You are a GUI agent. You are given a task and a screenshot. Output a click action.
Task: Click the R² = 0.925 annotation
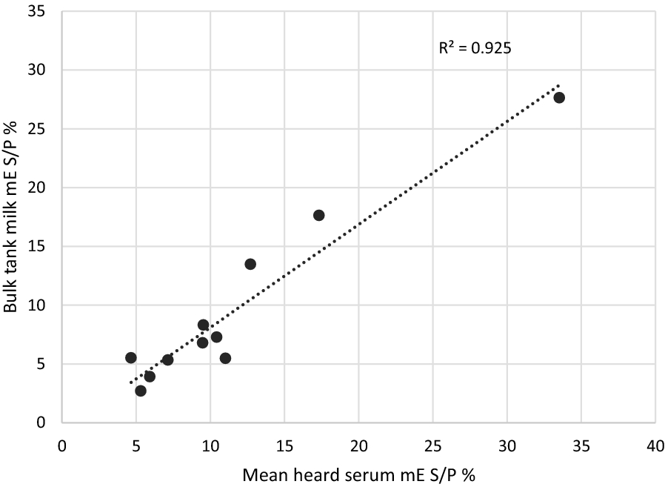pyautogui.click(x=475, y=48)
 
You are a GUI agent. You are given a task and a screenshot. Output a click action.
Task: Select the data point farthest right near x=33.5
pyautogui.click(x=559, y=97)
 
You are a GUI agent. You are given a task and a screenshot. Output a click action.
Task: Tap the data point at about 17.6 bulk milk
pyautogui.click(x=319, y=215)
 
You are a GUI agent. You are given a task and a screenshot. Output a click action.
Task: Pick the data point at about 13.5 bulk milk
pyautogui.click(x=250, y=264)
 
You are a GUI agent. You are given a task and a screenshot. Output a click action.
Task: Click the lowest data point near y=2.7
pyautogui.click(x=141, y=391)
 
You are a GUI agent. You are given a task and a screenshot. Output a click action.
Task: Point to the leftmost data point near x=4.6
pyautogui.click(x=131, y=357)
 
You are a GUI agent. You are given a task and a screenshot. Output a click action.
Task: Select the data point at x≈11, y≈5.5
pyautogui.click(x=225, y=358)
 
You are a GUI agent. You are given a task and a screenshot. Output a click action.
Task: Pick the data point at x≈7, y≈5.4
pyautogui.click(x=167, y=360)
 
